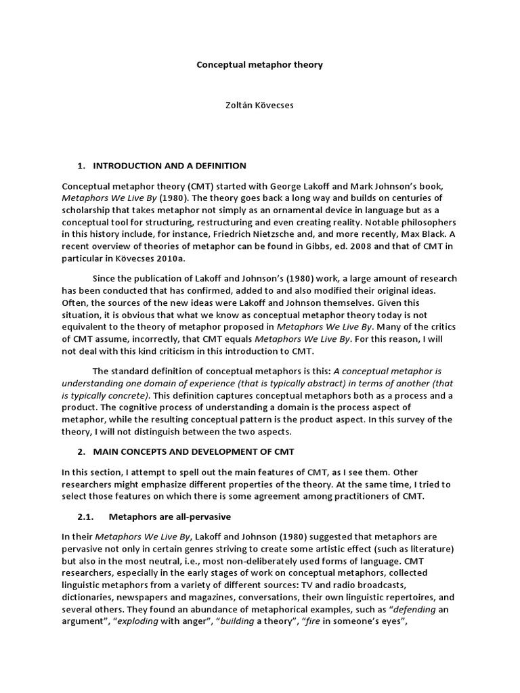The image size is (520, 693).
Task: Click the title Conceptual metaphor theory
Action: click(x=259, y=65)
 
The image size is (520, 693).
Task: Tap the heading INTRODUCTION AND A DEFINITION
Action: click(x=169, y=166)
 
